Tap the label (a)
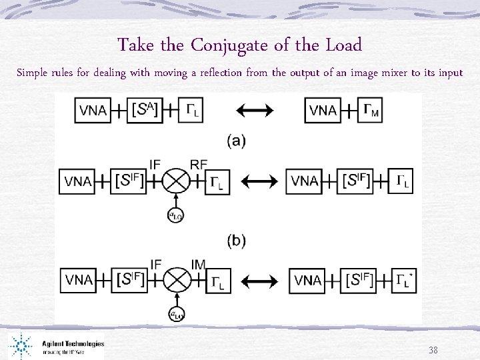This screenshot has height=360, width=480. click(236, 141)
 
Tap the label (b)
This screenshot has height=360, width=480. click(236, 241)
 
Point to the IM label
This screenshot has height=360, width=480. click(199, 265)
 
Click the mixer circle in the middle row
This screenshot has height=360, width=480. click(177, 181)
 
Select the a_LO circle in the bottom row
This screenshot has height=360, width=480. click(177, 315)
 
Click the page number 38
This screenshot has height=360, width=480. click(433, 349)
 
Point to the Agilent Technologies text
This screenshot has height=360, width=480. click(73, 344)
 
